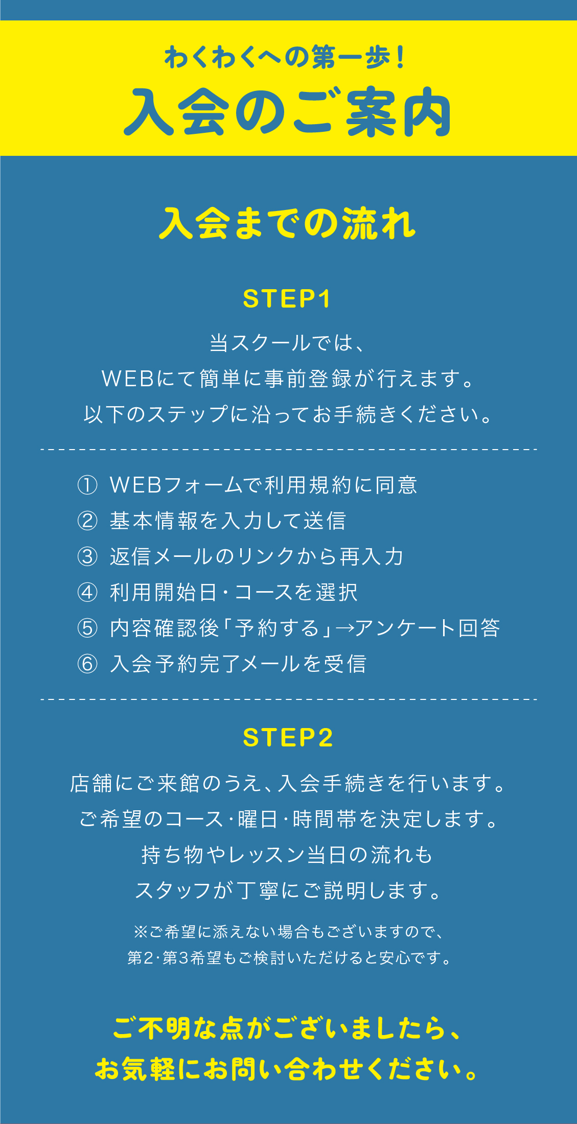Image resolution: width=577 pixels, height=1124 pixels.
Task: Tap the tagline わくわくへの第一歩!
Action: point(285,57)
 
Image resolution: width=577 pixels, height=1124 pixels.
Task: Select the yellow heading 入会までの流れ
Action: point(288,223)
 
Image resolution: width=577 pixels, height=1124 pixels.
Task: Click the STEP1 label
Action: point(287,299)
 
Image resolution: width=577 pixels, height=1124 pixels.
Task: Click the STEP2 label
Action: point(288,738)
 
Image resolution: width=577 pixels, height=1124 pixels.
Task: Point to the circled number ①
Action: point(87,485)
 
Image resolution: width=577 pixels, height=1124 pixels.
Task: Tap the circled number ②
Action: point(87,521)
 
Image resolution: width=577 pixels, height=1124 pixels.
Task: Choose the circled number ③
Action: point(87,556)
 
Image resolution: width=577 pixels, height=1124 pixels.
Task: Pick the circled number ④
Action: point(87,592)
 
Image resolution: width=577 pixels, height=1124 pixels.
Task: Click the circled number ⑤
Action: point(87,628)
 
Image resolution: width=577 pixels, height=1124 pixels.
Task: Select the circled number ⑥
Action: point(87,664)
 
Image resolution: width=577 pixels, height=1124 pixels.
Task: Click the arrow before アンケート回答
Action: point(345,628)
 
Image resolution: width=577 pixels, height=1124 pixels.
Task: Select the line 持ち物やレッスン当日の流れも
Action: point(287,855)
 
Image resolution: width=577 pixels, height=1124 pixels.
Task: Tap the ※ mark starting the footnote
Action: point(141,932)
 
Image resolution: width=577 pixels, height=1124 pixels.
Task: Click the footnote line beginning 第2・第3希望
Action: point(289,957)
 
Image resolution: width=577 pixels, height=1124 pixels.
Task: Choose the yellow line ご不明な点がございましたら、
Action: point(287,1028)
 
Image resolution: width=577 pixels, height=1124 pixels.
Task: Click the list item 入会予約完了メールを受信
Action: point(238,664)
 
